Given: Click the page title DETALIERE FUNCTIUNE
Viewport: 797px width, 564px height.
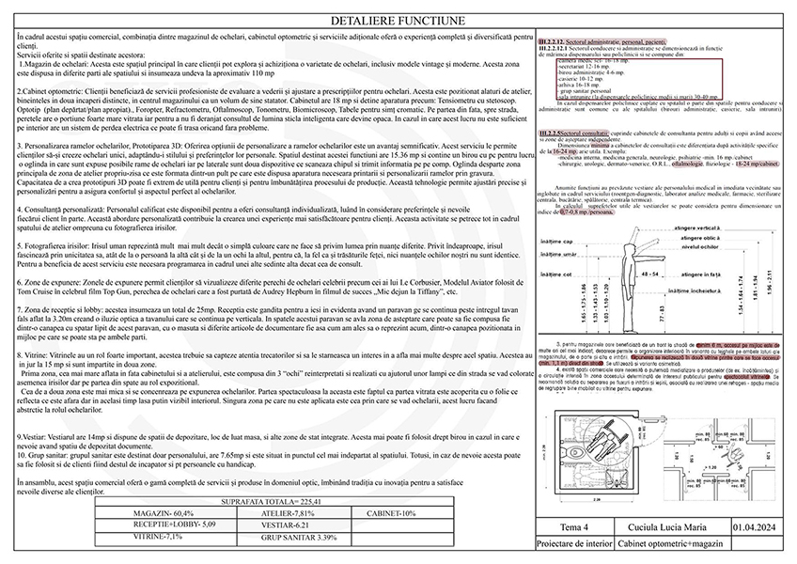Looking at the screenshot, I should [398, 20].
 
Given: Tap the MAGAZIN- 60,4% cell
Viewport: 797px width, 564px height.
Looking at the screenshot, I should [156, 512].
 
